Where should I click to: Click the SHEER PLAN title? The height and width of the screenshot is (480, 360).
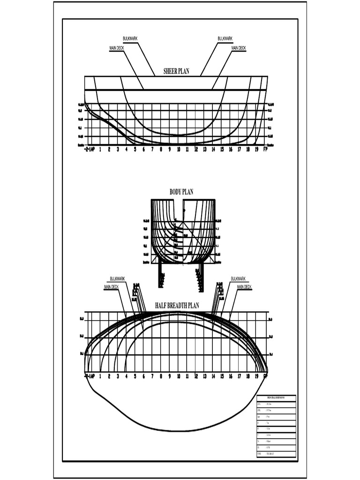(x=176, y=71)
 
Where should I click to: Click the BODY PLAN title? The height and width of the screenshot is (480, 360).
(x=181, y=192)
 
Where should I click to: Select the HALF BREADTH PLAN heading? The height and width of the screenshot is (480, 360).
(x=177, y=306)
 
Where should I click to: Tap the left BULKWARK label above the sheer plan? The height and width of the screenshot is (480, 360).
(x=130, y=38)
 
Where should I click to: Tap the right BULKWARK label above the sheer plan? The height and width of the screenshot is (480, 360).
(x=225, y=38)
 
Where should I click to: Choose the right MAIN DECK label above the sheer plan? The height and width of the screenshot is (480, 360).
(x=239, y=48)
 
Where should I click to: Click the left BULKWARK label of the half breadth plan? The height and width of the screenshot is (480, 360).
(x=118, y=279)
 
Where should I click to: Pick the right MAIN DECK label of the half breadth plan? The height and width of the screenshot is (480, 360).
(x=244, y=287)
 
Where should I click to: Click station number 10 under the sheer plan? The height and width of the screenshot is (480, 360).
(x=179, y=150)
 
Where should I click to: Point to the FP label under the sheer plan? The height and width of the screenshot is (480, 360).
(x=266, y=150)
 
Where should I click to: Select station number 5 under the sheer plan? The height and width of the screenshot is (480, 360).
(x=135, y=150)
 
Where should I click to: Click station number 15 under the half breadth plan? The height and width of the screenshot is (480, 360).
(x=222, y=376)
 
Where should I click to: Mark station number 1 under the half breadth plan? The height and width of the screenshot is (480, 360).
(x=100, y=376)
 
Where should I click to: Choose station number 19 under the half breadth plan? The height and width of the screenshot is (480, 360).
(x=257, y=376)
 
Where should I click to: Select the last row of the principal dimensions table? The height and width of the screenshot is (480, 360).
(x=276, y=454)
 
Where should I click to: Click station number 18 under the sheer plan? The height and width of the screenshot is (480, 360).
(x=248, y=150)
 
